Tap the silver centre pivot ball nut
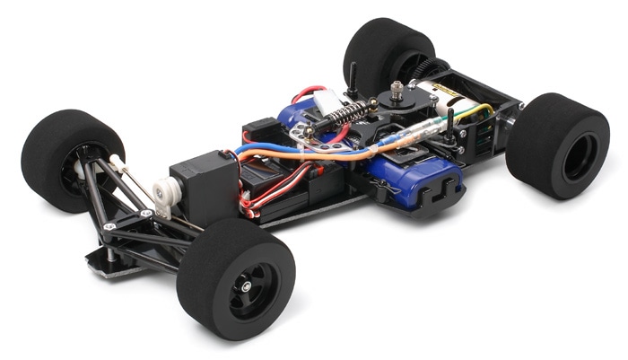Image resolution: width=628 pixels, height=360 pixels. point(394,89)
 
